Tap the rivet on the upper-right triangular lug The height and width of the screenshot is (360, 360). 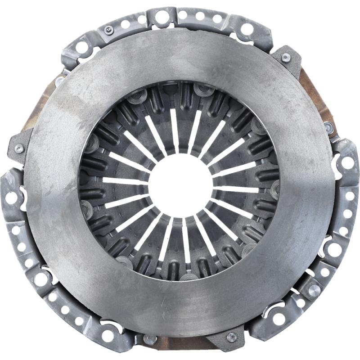tap(286, 57)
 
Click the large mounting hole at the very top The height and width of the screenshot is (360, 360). tap(162, 18)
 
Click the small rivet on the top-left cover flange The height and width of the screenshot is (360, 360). tap(108, 30)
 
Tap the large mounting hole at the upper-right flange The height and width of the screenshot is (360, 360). tap(247, 30)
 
